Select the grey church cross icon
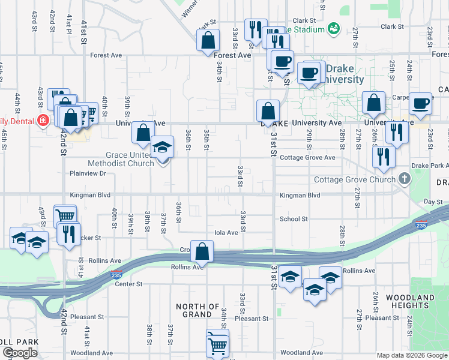(405, 178)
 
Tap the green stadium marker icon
(334, 28)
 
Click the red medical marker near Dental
(43, 121)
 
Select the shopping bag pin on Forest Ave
(208, 41)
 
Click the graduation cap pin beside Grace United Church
(161, 148)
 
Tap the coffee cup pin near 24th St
(421, 103)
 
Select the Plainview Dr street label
(88, 173)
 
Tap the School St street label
(294, 219)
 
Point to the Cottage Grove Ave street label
(307, 158)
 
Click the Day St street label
(433, 202)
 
